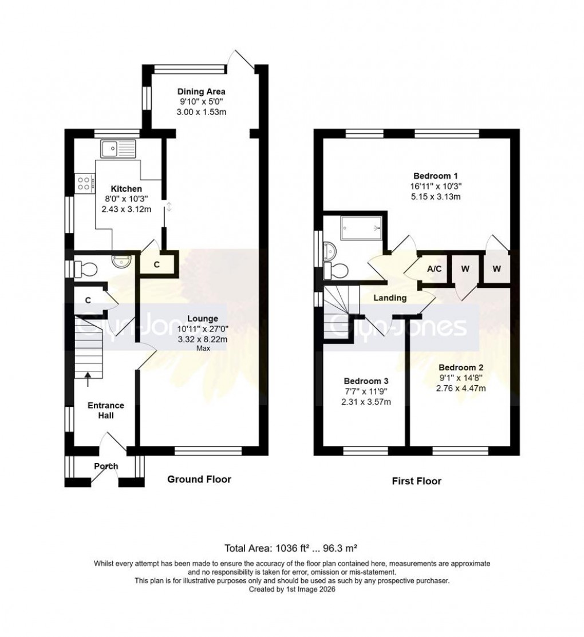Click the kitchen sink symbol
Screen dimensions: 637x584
click(117, 149)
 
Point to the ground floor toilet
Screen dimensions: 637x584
click(85, 267)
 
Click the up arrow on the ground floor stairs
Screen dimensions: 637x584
click(87, 376)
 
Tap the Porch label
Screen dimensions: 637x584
click(106, 466)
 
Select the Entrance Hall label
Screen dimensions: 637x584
click(105, 410)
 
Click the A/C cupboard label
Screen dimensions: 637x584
click(434, 269)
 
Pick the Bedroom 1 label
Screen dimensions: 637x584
click(435, 176)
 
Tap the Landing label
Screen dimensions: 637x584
click(390, 298)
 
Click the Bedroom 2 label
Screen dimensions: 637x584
click(461, 367)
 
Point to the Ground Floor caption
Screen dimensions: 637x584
click(199, 479)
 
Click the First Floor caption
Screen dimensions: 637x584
click(416, 481)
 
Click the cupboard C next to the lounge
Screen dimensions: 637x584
click(156, 266)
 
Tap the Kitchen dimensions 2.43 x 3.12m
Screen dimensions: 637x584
click(126, 209)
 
